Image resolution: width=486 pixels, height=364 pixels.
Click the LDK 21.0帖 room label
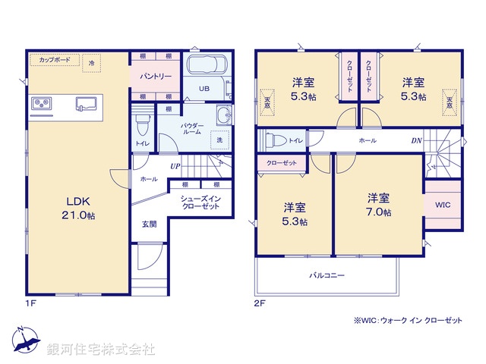[78, 209]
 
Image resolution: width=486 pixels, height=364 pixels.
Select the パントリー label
[154, 77]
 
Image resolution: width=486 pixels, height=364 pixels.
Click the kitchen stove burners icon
[41, 103]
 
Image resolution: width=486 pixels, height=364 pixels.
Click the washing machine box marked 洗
[219, 140]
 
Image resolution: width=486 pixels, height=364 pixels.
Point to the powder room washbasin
[222, 115]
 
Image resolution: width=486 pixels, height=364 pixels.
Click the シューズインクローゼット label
[200, 202]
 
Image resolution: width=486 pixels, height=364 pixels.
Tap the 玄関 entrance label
[149, 224]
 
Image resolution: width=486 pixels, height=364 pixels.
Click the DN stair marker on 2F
[416, 140]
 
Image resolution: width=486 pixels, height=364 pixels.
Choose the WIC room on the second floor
[442, 205]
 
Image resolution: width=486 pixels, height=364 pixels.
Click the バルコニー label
[327, 277]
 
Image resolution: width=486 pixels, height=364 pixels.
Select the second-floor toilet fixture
[276, 140]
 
